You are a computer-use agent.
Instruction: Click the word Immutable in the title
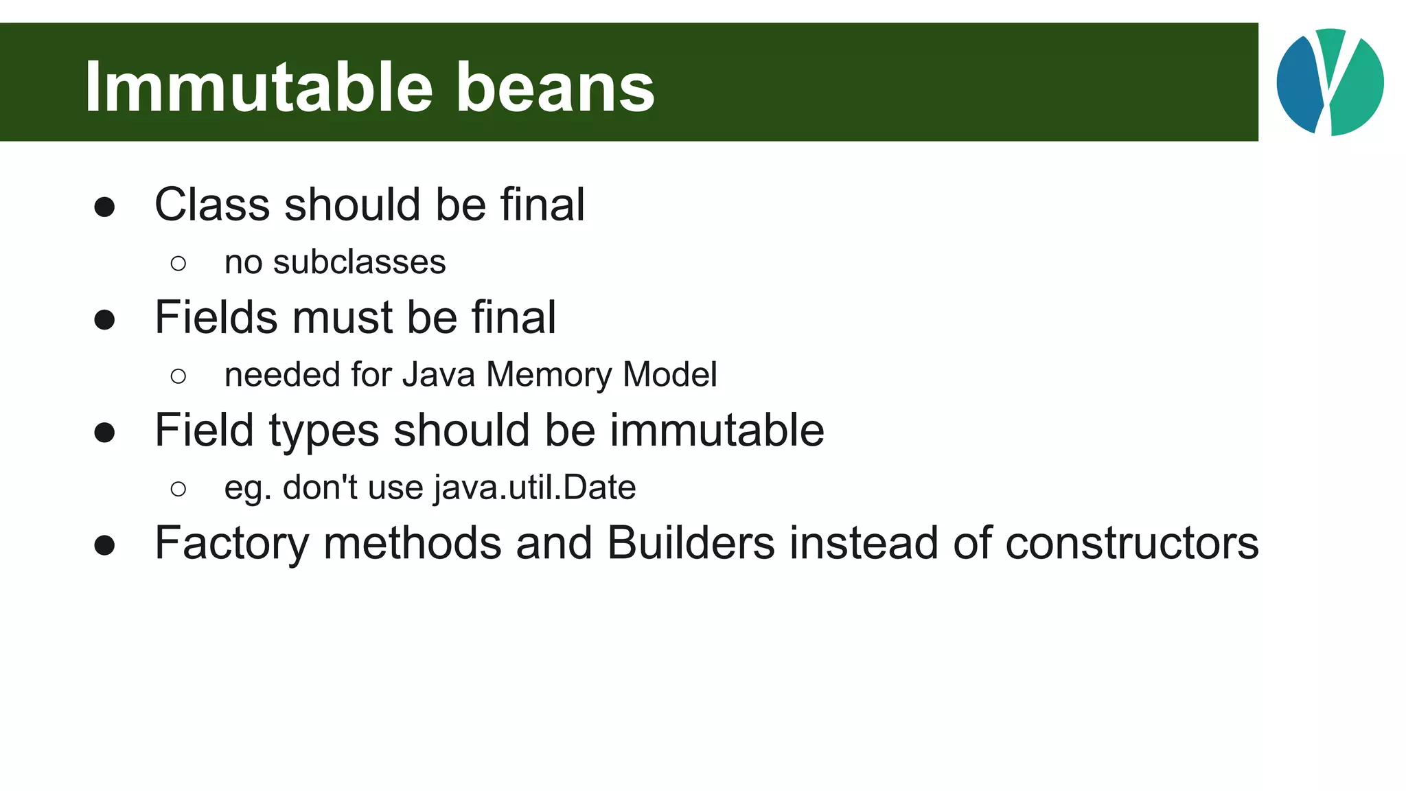point(259,87)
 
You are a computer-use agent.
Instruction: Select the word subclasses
point(359,262)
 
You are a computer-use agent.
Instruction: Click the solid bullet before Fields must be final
point(104,319)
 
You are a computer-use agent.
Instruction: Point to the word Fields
point(216,318)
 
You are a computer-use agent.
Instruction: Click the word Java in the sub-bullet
point(439,375)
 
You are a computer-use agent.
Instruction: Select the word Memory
point(549,375)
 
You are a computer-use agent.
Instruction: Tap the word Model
point(669,375)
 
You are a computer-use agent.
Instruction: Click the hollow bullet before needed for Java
point(178,376)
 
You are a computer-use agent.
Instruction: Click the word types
point(323,432)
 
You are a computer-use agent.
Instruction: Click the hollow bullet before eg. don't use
point(178,489)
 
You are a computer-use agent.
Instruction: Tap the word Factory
point(232,544)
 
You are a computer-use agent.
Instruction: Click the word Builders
point(691,543)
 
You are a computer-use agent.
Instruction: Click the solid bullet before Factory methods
point(104,545)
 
